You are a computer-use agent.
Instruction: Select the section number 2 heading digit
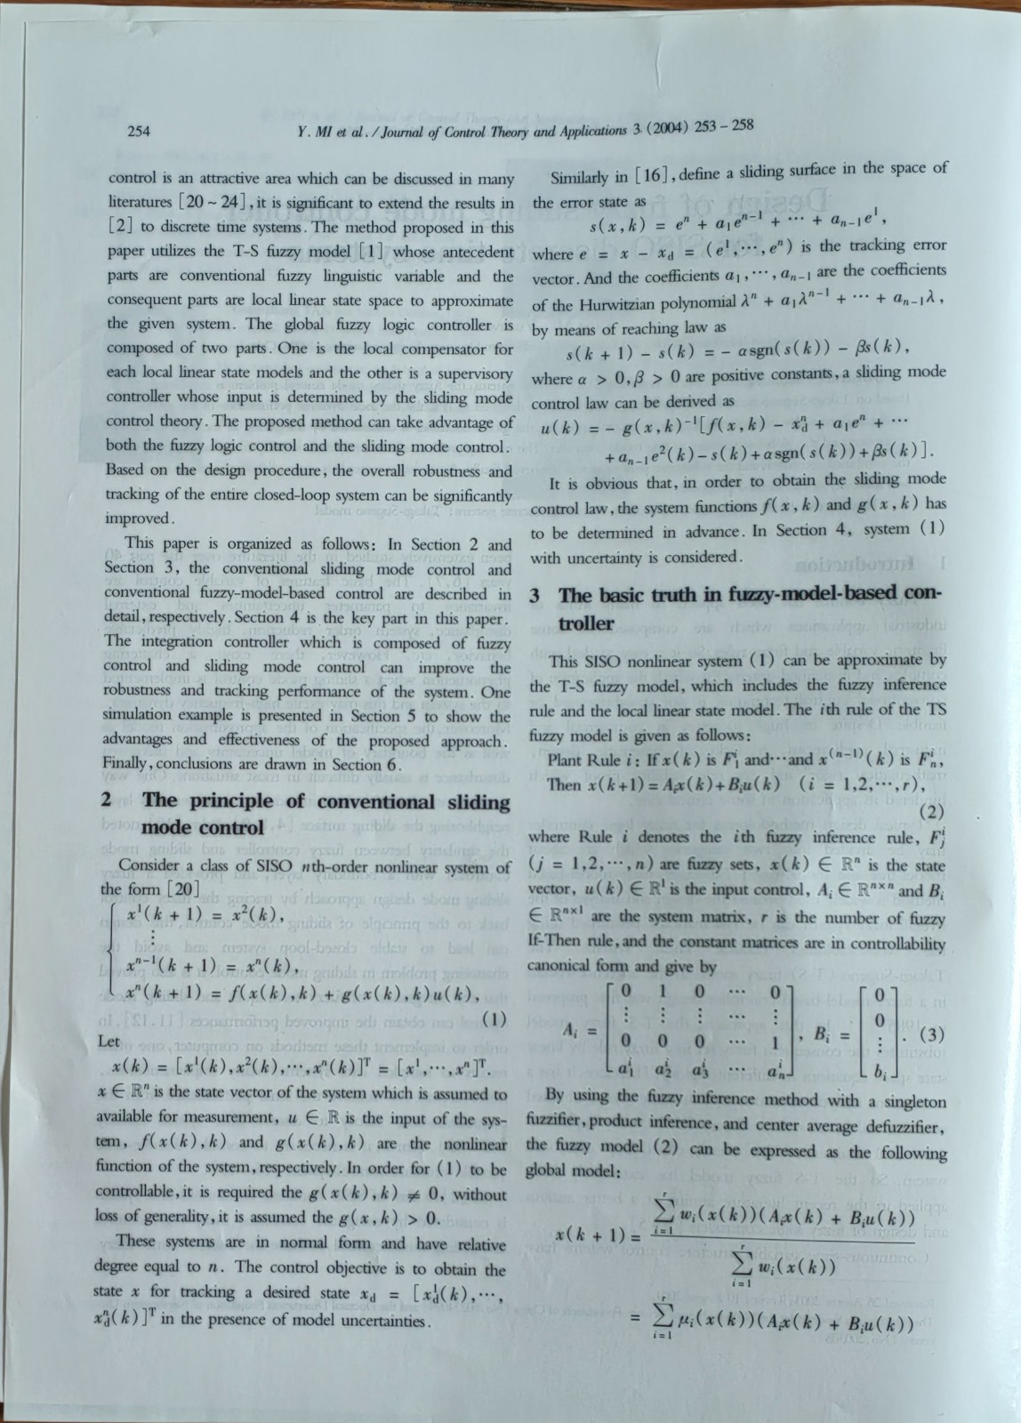pos(106,800)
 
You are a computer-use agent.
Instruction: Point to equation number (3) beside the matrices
pos(930,1034)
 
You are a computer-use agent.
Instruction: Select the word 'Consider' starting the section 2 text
pos(148,865)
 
